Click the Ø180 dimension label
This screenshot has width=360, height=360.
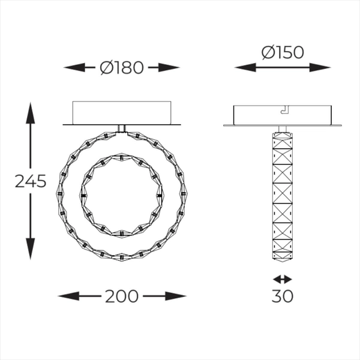(122, 68)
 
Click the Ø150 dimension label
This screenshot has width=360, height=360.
(283, 52)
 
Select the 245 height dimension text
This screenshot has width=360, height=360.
(30, 181)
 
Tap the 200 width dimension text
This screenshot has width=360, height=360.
(122, 296)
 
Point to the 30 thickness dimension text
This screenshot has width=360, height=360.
(282, 296)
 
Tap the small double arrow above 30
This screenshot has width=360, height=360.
(282, 279)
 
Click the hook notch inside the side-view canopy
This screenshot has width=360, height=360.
(284, 110)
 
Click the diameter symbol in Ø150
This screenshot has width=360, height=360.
(268, 52)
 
